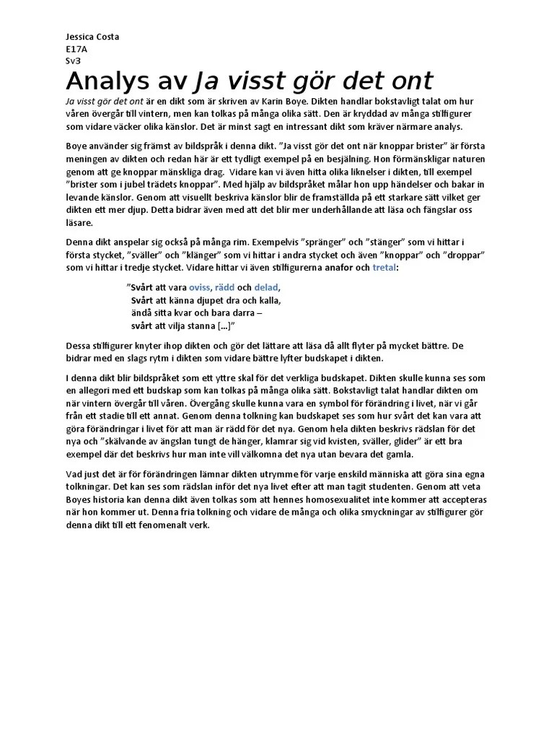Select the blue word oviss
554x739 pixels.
pos(204,287)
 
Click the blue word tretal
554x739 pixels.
pos(384,268)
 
